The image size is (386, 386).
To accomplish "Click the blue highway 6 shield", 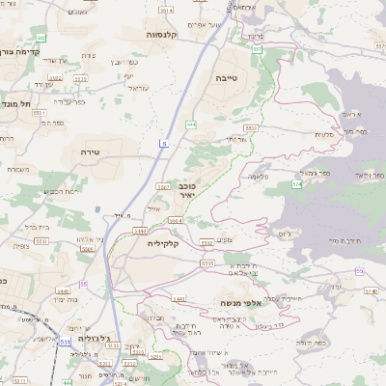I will coord(164,143).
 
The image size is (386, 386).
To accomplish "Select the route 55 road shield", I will coord(84,284).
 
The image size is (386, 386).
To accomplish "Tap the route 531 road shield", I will coord(64,342).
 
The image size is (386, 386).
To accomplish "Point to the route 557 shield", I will coord(257,46).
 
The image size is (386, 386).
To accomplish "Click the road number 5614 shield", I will coord(165,10).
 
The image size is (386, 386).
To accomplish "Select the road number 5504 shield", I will coord(86,247).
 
